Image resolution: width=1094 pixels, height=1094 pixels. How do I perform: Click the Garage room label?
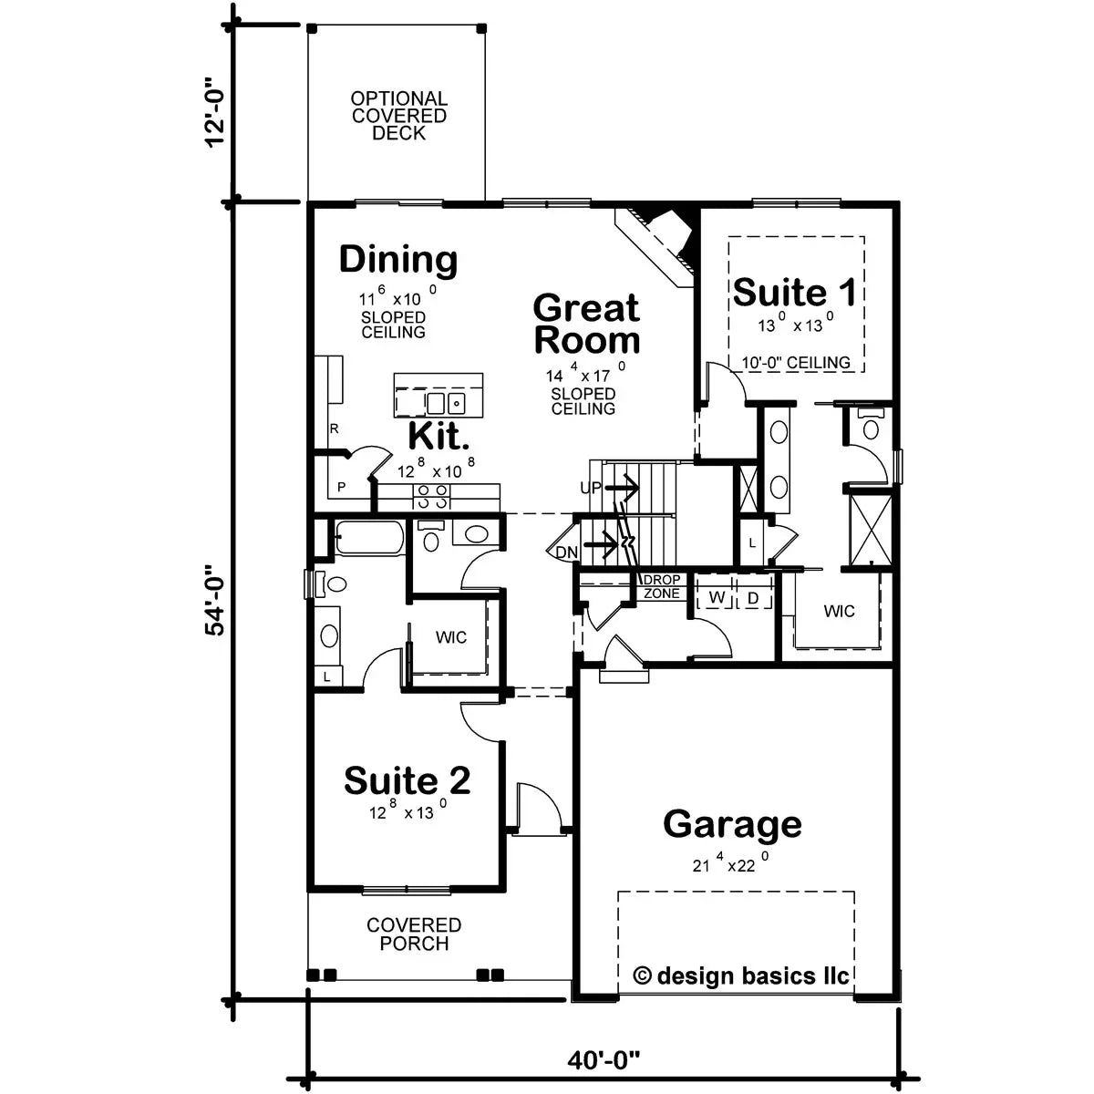tap(732, 823)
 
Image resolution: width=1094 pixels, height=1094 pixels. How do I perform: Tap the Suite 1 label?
tap(795, 293)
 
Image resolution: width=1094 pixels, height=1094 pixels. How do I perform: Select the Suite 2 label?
tap(408, 780)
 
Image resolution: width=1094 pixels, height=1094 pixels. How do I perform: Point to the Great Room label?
tap(586, 324)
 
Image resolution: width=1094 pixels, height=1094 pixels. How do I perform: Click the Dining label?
tap(398, 260)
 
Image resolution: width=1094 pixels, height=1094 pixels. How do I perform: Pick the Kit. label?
tap(439, 436)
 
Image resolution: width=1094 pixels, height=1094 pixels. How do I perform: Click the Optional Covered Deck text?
tap(399, 116)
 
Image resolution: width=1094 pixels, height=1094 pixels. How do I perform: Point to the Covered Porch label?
tap(414, 934)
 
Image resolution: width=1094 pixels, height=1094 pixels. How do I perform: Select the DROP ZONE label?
tap(661, 587)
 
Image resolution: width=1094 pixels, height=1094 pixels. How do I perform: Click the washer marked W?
tap(717, 598)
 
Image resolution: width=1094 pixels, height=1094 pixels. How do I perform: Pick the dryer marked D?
tap(753, 598)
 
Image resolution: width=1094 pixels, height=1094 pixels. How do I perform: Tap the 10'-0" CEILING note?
tap(795, 363)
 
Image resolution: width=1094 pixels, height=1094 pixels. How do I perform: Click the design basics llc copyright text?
tap(741, 976)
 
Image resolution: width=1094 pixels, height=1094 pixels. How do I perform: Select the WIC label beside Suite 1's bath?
tap(839, 611)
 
